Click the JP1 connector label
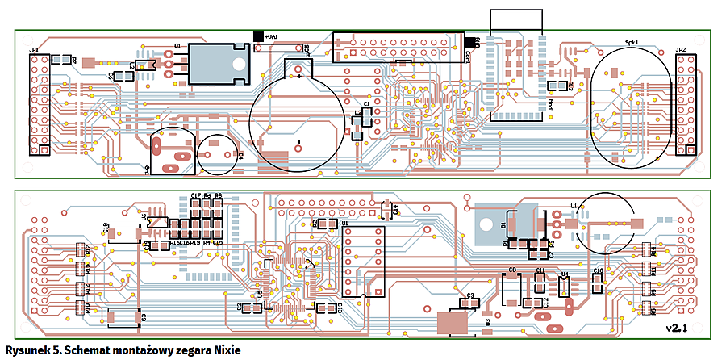34,50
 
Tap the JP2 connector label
681,50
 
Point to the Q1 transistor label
177,48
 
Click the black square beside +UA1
259,36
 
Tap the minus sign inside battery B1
298,143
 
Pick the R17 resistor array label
87,249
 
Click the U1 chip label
345,222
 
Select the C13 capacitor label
340,308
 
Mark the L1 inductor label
574,206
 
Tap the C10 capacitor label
598,271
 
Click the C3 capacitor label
470,296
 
